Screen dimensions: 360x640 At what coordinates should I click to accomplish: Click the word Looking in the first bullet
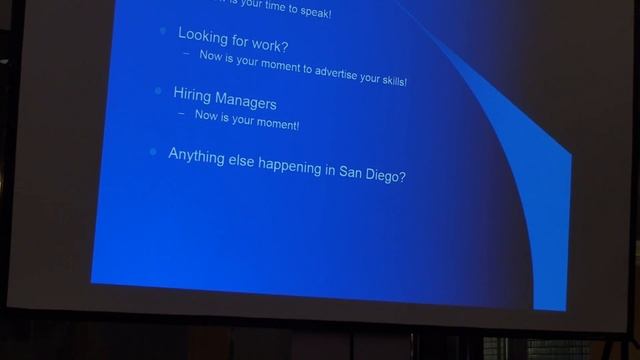pyautogui.click(x=203, y=35)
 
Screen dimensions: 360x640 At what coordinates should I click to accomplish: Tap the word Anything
pyautogui.click(x=196, y=155)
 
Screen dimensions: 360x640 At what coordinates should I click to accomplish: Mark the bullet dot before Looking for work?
pyautogui.click(x=164, y=31)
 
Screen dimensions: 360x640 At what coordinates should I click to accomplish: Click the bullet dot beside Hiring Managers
pyautogui.click(x=158, y=92)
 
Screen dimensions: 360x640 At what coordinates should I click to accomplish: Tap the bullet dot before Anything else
pyautogui.click(x=153, y=151)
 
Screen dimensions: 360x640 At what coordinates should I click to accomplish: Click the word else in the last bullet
pyautogui.click(x=241, y=160)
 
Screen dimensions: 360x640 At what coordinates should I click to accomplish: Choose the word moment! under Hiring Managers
pyautogui.click(x=279, y=125)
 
